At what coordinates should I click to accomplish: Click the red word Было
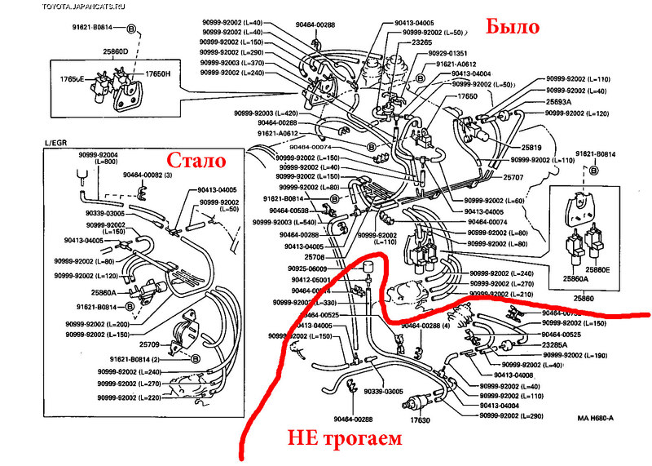[x=513, y=27]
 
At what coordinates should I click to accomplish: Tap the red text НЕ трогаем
[x=345, y=439]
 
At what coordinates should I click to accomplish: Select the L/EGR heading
[x=58, y=144]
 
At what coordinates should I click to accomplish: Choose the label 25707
[x=513, y=177]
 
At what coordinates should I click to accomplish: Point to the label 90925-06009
[x=306, y=269]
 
